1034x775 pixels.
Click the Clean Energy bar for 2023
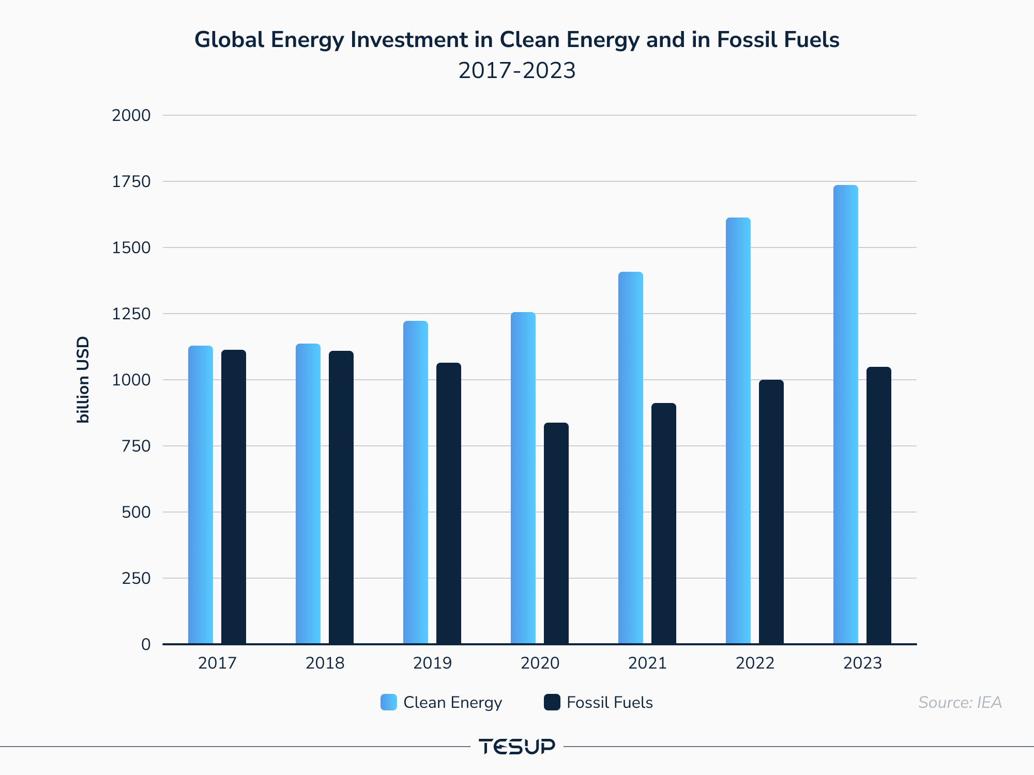[x=846, y=414]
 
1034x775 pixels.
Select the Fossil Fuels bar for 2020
[x=556, y=533]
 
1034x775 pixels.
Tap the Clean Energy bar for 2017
[x=201, y=495]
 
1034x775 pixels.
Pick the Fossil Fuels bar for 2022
[x=771, y=512]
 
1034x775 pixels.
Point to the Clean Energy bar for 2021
[x=631, y=458]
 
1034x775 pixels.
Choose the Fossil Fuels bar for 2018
[x=341, y=498]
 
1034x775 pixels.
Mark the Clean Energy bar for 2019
[x=416, y=483]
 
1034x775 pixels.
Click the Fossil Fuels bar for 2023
[x=879, y=505]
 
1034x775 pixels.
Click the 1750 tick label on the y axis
[x=131, y=181]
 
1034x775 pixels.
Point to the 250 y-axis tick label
[x=136, y=578]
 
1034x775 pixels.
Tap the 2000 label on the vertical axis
[x=131, y=115]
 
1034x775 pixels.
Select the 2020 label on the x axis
[x=540, y=663]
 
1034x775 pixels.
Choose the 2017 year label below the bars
[x=217, y=663]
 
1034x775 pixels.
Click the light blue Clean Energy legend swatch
[x=389, y=702]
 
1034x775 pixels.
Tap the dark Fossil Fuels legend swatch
[x=552, y=702]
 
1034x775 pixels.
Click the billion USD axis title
[x=83, y=380]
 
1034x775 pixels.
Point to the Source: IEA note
[x=960, y=703]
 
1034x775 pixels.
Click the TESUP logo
[x=517, y=747]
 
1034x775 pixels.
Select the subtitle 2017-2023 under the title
[x=517, y=70]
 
